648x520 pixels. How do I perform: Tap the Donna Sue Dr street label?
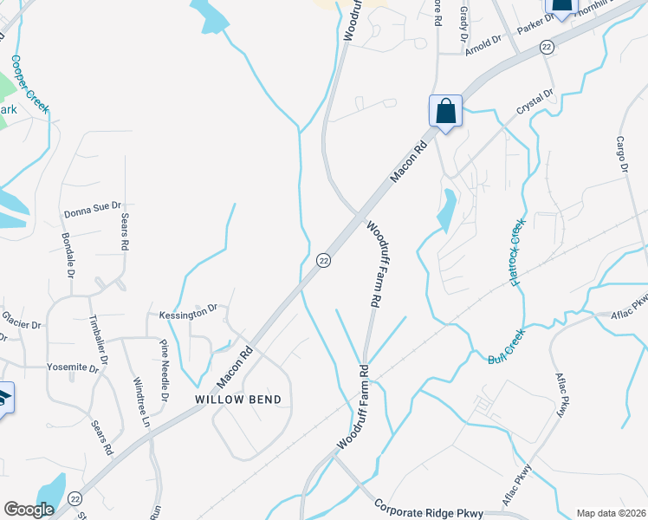pyautogui.click(x=88, y=212)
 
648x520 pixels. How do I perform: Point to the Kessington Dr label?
pyautogui.click(x=187, y=311)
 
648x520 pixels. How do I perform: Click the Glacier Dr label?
pyautogui.click(x=21, y=325)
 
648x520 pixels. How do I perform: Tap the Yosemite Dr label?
pyautogui.click(x=74, y=367)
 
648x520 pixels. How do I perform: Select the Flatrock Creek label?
pyautogui.click(x=518, y=252)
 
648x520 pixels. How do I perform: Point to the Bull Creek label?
pyautogui.click(x=507, y=346)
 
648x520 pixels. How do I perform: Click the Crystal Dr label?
pyautogui.click(x=535, y=103)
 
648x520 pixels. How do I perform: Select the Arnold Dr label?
pyautogui.click(x=483, y=42)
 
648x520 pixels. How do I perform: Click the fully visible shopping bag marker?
pyautogui.click(x=445, y=111)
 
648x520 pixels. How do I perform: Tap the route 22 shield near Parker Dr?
pyautogui.click(x=546, y=48)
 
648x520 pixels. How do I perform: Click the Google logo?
pyautogui.click(x=29, y=509)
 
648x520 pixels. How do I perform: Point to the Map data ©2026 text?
pyautogui.click(x=611, y=513)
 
